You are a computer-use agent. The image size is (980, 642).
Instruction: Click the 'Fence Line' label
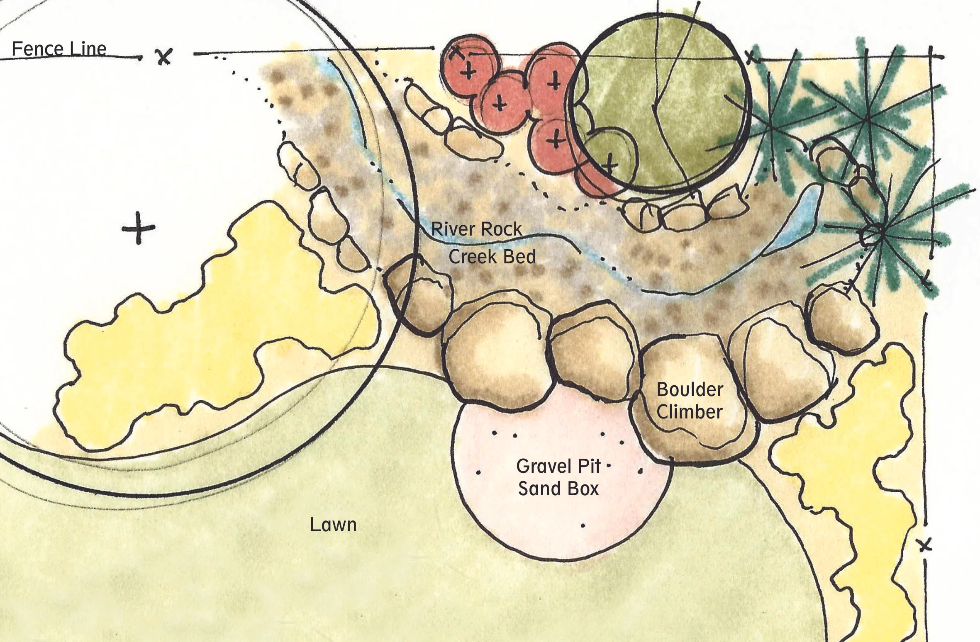pyautogui.click(x=59, y=49)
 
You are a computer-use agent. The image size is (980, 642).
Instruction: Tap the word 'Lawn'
pyautogui.click(x=333, y=525)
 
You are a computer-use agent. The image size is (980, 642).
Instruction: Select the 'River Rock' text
pyautogui.click(x=477, y=229)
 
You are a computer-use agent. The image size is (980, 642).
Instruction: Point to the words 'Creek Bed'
pyautogui.click(x=492, y=257)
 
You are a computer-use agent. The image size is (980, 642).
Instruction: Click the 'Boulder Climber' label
pyautogui.click(x=690, y=401)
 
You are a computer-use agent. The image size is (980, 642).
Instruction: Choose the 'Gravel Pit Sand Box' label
pyautogui.click(x=558, y=477)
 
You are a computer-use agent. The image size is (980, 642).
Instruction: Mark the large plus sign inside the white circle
pyautogui.click(x=139, y=228)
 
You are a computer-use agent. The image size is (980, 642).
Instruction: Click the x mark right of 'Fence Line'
pyautogui.click(x=165, y=56)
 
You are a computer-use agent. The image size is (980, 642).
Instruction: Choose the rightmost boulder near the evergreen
pyautogui.click(x=842, y=315)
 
